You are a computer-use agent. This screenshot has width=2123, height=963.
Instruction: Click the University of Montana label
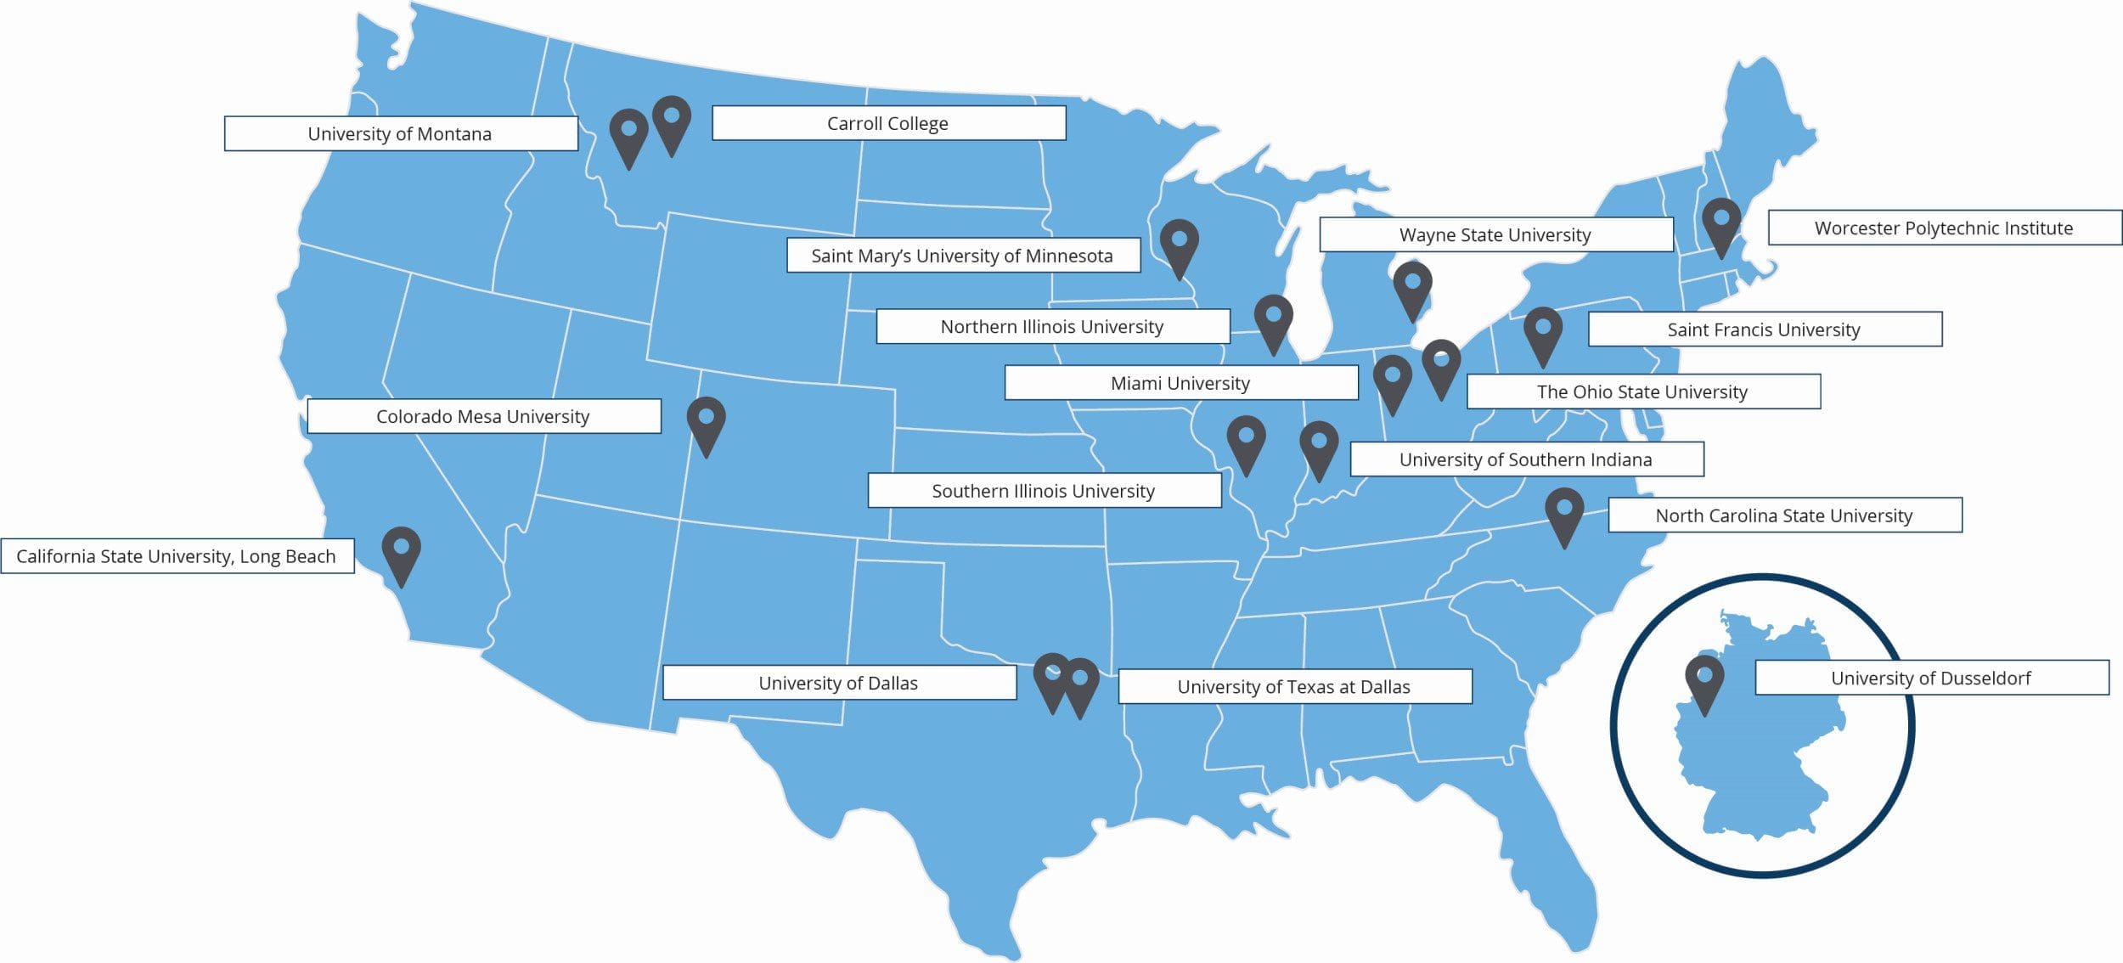[x=401, y=134]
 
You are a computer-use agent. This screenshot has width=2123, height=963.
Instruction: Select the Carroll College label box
[x=888, y=123]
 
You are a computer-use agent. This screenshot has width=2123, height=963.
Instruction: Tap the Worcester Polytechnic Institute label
[x=1944, y=228]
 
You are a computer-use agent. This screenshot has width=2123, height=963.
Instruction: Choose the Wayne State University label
[x=1495, y=234]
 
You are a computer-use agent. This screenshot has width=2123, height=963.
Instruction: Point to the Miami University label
[x=1180, y=383]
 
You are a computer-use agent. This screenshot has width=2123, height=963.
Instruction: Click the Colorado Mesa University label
[x=483, y=416]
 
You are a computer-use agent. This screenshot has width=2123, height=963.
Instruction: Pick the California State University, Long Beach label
[x=177, y=556]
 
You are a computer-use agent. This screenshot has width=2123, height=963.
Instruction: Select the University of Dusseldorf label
[x=1931, y=678]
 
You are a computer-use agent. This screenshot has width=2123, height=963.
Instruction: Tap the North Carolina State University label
[x=1784, y=515]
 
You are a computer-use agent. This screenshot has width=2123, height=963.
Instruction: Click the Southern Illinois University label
[x=1044, y=491]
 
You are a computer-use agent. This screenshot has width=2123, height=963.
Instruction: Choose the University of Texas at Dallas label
[x=1294, y=686]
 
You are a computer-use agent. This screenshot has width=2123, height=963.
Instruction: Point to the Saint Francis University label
[x=1764, y=329]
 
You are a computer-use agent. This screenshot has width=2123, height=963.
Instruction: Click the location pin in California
[x=402, y=551]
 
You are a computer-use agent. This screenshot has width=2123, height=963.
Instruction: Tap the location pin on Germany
[x=1704, y=679]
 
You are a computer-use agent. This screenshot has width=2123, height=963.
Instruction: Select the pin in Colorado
[x=707, y=421]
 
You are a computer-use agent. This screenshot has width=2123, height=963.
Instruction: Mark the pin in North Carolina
[x=1564, y=512]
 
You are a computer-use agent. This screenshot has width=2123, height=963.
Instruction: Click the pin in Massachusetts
[x=1721, y=222]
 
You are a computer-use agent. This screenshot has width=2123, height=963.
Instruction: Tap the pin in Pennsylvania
[x=1543, y=332]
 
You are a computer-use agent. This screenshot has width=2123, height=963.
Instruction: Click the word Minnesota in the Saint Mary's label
[x=1070, y=256]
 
